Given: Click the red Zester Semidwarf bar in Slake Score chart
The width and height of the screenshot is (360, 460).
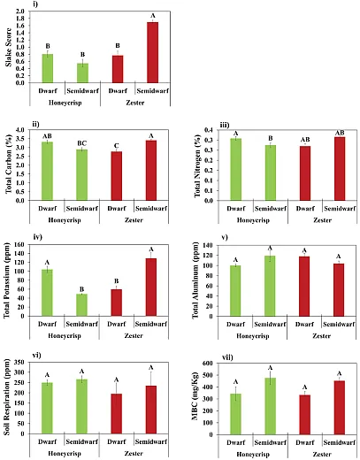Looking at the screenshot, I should [152, 52].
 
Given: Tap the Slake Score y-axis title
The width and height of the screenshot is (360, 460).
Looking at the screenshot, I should [8, 48].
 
